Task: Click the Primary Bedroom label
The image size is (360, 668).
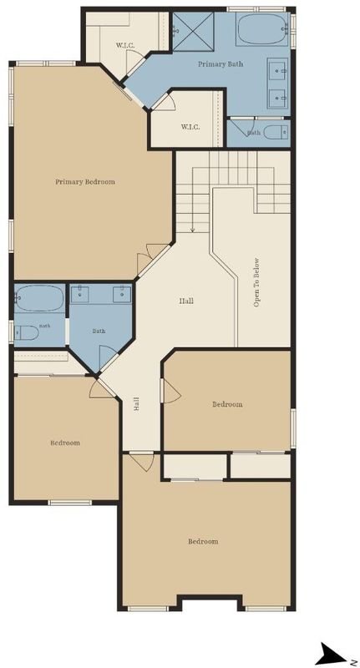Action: point(85,182)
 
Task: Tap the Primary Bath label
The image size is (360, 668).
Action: point(221,64)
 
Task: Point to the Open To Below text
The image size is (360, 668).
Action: point(256,282)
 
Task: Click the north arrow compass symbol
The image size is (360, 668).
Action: point(333,654)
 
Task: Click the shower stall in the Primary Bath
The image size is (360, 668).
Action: point(193,32)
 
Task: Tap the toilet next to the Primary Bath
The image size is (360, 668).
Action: point(276,132)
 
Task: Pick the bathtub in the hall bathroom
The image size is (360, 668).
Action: point(39,298)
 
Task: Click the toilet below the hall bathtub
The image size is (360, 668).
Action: point(27,332)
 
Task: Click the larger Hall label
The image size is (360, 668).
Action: point(186,301)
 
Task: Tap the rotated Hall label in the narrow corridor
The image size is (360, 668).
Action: point(136,404)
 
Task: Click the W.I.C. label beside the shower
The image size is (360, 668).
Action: point(124,45)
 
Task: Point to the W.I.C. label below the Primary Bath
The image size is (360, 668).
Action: point(190,127)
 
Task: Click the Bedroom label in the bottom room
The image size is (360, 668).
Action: point(203,541)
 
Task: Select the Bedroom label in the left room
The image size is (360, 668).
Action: point(65,443)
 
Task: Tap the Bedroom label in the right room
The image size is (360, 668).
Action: point(227,404)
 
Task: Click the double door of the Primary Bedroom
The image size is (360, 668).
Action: point(153,259)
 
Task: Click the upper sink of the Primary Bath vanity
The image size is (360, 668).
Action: point(278,70)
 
